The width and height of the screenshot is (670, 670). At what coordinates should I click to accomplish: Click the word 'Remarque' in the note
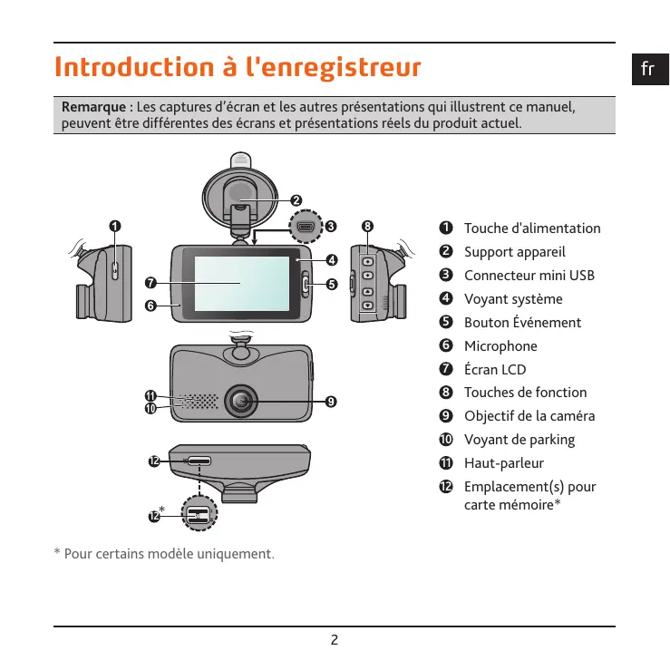[x=94, y=107]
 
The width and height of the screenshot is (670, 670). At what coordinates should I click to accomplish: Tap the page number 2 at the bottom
[x=335, y=639]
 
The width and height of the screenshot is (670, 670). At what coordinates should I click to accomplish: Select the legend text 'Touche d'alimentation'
[x=532, y=228]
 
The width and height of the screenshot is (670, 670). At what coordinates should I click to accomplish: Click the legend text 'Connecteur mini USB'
[x=529, y=276]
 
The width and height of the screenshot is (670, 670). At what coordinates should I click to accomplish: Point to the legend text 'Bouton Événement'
[x=522, y=323]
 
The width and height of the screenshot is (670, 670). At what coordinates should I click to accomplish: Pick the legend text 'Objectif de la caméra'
[x=530, y=416]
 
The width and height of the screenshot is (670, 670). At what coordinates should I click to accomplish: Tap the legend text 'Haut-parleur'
[x=504, y=463]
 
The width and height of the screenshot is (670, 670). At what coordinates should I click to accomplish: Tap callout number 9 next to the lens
[x=331, y=401]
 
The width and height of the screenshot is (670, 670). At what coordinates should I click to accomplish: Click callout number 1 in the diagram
[x=114, y=225]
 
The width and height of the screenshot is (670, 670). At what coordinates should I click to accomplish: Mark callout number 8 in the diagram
[x=367, y=225]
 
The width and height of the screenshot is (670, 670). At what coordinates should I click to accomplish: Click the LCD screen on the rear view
[x=241, y=281]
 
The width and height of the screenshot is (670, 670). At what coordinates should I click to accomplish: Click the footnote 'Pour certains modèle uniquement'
[x=168, y=554]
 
